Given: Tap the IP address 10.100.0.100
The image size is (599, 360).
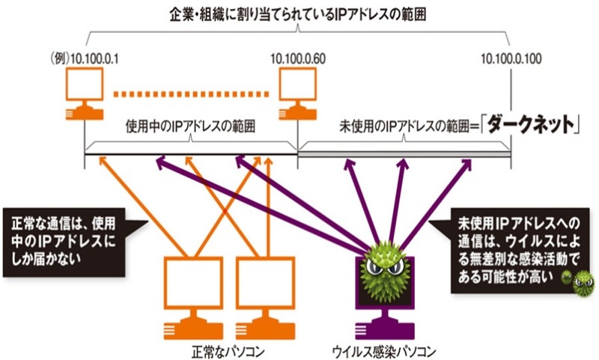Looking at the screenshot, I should click(x=511, y=58).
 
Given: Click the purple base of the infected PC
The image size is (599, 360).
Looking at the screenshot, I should click(x=389, y=328).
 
